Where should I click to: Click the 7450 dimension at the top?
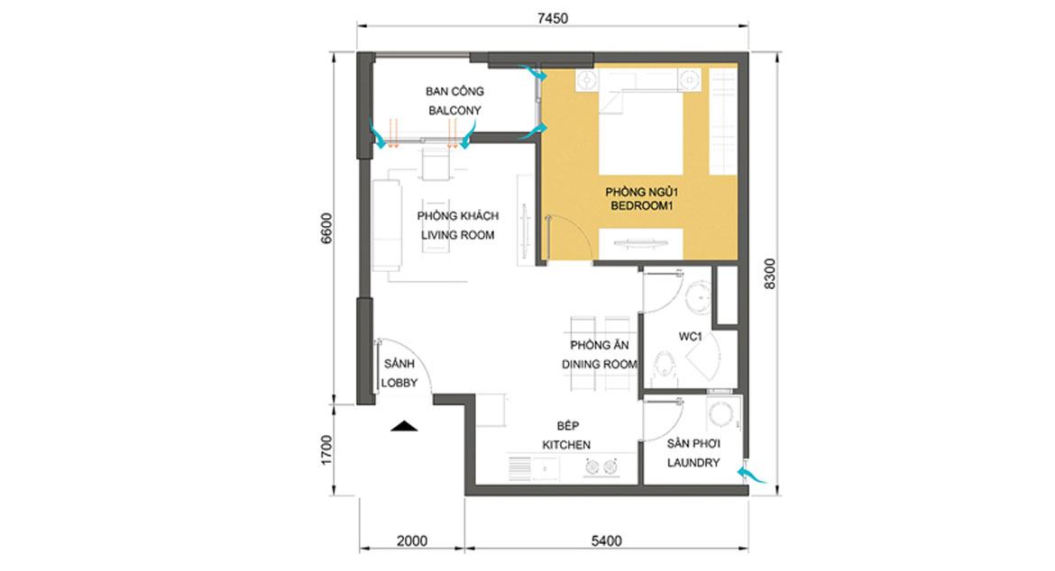[553, 18]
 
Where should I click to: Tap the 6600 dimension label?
[326, 229]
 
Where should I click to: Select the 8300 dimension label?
[770, 274]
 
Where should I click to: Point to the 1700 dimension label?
[326, 450]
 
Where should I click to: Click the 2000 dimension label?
[412, 540]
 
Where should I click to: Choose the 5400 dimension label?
[606, 540]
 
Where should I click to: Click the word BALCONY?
[454, 110]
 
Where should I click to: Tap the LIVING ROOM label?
[457, 235]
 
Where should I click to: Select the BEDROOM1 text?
[641, 206]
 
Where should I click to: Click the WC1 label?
[691, 337]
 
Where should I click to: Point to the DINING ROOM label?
[600, 364]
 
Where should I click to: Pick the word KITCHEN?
[566, 445]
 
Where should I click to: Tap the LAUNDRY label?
[693, 463]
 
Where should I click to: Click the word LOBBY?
[399, 383]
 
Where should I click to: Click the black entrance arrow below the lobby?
[404, 425]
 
